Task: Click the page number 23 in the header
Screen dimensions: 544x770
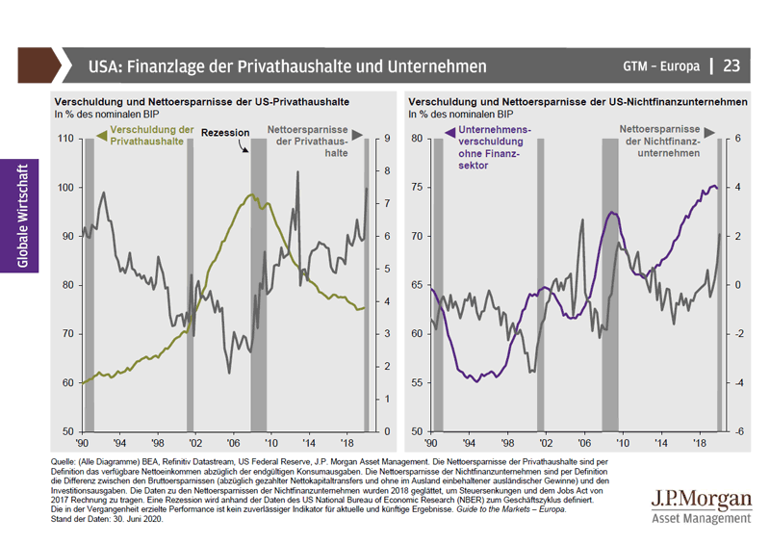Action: coord(731,65)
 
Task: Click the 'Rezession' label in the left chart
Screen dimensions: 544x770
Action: coord(226,132)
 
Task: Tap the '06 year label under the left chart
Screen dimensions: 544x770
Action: coord(232,444)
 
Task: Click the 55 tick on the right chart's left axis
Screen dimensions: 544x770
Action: coord(417,382)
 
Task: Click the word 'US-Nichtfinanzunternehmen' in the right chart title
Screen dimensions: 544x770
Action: coord(683,100)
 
